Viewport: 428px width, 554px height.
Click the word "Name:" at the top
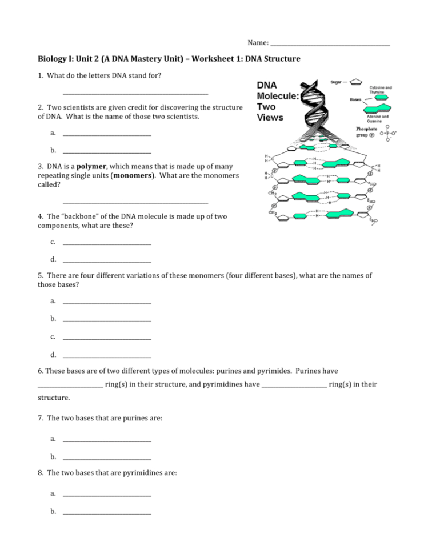[x=258, y=43]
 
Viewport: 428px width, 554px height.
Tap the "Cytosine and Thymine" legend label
[x=380, y=90]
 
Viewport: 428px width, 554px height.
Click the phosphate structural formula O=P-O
[x=388, y=133]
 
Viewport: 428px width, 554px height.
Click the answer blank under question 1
[x=135, y=93]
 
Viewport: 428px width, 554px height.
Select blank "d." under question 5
[x=107, y=355]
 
